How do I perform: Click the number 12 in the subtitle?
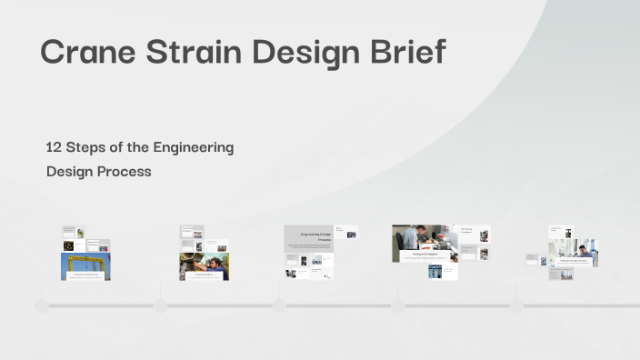[54, 147]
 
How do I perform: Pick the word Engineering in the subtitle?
[193, 148]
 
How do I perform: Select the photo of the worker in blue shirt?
[205, 265]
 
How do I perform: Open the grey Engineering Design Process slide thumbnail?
[309, 238]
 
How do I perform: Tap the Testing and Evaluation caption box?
[425, 256]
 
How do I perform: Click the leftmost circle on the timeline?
[42, 305]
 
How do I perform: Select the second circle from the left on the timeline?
[160, 305]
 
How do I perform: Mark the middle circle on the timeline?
[279, 305]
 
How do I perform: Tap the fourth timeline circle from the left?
[398, 305]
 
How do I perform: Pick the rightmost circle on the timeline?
[516, 305]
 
